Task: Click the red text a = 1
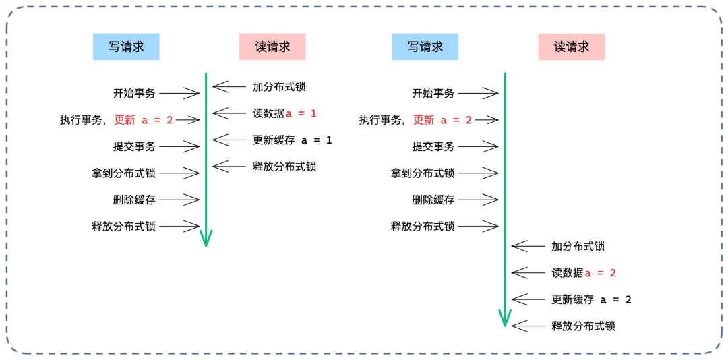coord(301,113)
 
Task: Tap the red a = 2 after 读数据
coord(600,273)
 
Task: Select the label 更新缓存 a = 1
coord(292,140)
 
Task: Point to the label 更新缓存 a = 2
coord(591,299)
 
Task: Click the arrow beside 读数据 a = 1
coord(230,113)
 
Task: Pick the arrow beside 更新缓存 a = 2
coord(528,299)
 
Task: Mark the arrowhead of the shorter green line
coord(206,239)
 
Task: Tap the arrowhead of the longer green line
coord(505,318)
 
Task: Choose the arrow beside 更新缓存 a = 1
coord(230,140)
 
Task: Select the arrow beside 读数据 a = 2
coord(528,273)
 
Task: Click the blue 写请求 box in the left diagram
coord(126,47)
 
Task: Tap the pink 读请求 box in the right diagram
coord(571,47)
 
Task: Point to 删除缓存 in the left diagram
coord(134,200)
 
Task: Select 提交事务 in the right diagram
coord(433,146)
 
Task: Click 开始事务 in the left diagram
coord(134,94)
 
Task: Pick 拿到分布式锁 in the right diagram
coord(423,173)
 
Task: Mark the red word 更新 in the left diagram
coord(125,120)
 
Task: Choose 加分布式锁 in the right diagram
coord(578,246)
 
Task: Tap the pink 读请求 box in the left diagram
coord(272,47)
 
